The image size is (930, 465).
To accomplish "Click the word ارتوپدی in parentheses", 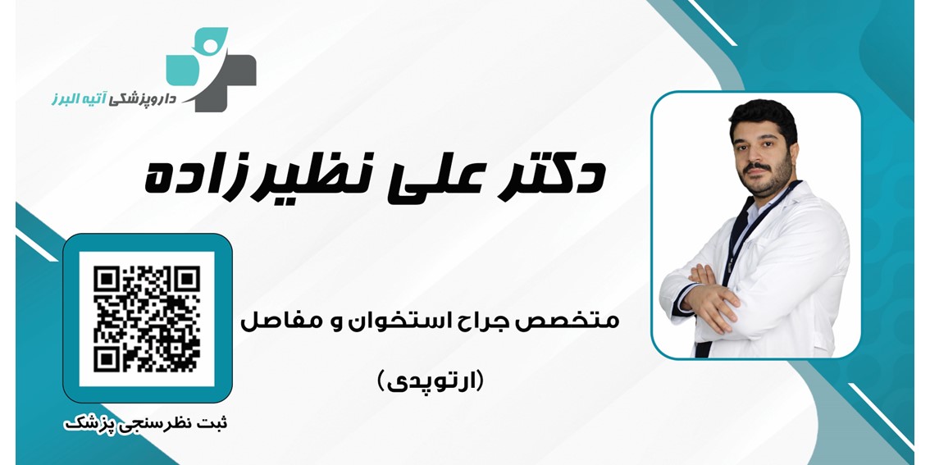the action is tap(431, 381).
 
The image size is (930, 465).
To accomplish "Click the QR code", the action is tap(147, 318).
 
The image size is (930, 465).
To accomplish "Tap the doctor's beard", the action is tap(766, 174).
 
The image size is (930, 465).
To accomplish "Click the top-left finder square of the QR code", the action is tap(107, 278).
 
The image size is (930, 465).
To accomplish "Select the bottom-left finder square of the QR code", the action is tap(107, 359).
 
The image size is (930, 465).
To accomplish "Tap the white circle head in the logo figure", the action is tap(209, 45).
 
